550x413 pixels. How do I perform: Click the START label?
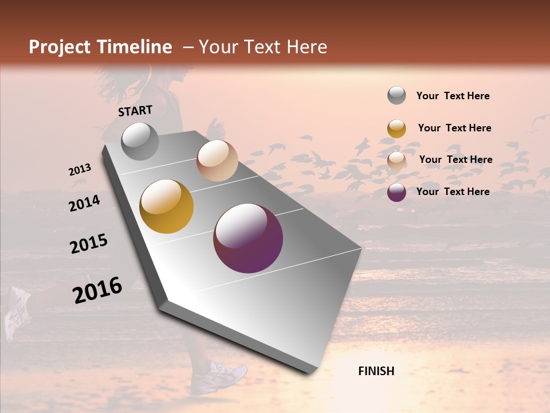coord(135,111)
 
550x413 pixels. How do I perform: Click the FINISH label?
coord(376,371)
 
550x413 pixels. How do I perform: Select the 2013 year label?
coord(80,170)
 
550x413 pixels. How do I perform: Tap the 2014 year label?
coord(84,203)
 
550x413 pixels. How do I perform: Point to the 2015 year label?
coord(89,244)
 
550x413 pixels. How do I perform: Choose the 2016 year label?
coord(97,290)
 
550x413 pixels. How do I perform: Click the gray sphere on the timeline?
coord(140,142)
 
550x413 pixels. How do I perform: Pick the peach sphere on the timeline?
coord(217,161)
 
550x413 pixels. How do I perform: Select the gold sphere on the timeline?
coord(167,206)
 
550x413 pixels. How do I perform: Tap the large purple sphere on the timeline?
coord(248,238)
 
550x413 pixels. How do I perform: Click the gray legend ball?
coord(396,96)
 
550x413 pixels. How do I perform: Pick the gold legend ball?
coord(396,128)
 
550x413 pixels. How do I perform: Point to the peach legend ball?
coord(396,161)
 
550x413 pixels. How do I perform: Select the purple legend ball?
coord(396,192)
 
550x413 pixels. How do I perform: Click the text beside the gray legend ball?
coord(453,96)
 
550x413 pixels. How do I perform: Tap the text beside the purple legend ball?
coord(453,192)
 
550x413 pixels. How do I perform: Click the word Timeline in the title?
coord(135,47)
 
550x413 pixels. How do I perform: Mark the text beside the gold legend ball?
coord(454,128)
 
